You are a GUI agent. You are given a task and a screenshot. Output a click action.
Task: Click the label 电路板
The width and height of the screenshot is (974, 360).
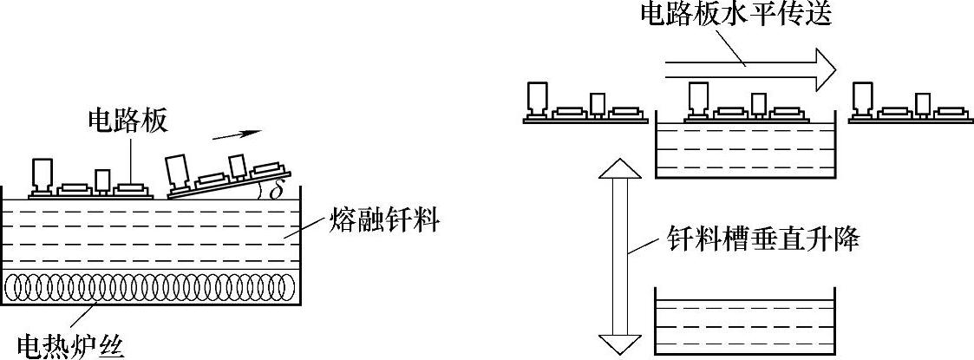(127, 121)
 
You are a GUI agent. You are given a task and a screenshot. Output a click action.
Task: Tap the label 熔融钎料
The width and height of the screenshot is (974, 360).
(384, 224)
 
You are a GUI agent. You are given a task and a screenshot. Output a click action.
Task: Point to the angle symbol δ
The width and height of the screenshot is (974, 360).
(275, 189)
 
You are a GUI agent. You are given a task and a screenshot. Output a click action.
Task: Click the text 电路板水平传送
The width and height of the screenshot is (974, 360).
(736, 14)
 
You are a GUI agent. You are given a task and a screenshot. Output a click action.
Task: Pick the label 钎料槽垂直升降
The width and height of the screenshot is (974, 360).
(763, 239)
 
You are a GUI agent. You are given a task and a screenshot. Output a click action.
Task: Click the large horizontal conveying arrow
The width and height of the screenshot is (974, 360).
(746, 67)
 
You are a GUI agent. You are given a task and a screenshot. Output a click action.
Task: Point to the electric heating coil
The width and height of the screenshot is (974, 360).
(152, 286)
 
